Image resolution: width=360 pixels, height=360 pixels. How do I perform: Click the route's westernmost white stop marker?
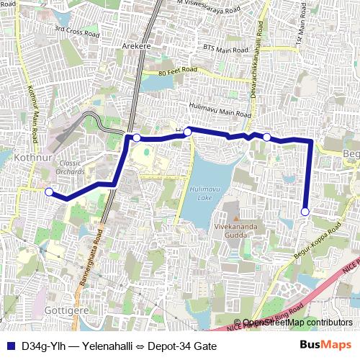49,192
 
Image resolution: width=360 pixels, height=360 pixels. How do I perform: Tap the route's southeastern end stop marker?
305,212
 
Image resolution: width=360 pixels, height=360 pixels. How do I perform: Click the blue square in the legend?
9,345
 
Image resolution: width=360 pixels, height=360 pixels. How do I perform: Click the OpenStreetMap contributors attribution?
296,323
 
